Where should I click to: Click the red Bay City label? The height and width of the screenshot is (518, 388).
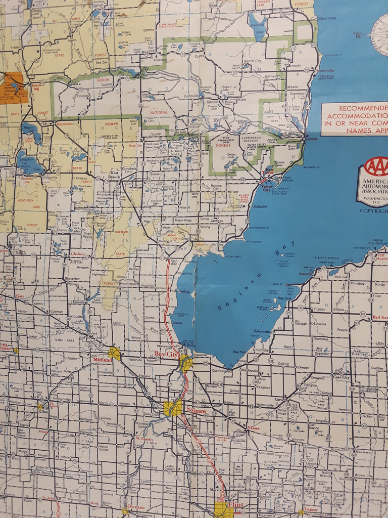pyautogui.click(x=167, y=354)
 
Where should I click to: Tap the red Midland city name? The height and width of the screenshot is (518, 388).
pyautogui.click(x=101, y=354)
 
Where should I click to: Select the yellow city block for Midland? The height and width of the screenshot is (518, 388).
pyautogui.click(x=115, y=353)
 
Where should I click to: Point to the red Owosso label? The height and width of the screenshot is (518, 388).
pyautogui.click(x=135, y=507)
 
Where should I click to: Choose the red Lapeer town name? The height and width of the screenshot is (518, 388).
pyautogui.click(x=311, y=509)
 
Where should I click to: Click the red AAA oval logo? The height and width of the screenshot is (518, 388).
pyautogui.click(x=376, y=166)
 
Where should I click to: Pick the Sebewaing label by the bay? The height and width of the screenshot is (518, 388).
pyautogui.click(x=276, y=331)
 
